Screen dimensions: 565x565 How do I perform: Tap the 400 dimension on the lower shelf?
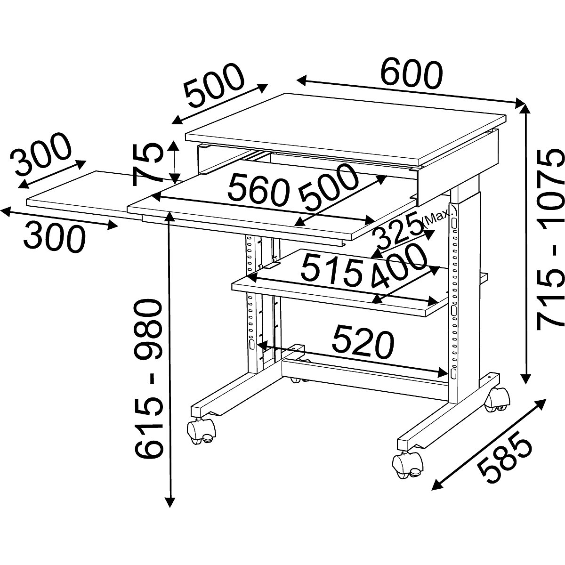[x=399, y=267]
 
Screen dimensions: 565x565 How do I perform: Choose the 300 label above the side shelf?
[x=42, y=153]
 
